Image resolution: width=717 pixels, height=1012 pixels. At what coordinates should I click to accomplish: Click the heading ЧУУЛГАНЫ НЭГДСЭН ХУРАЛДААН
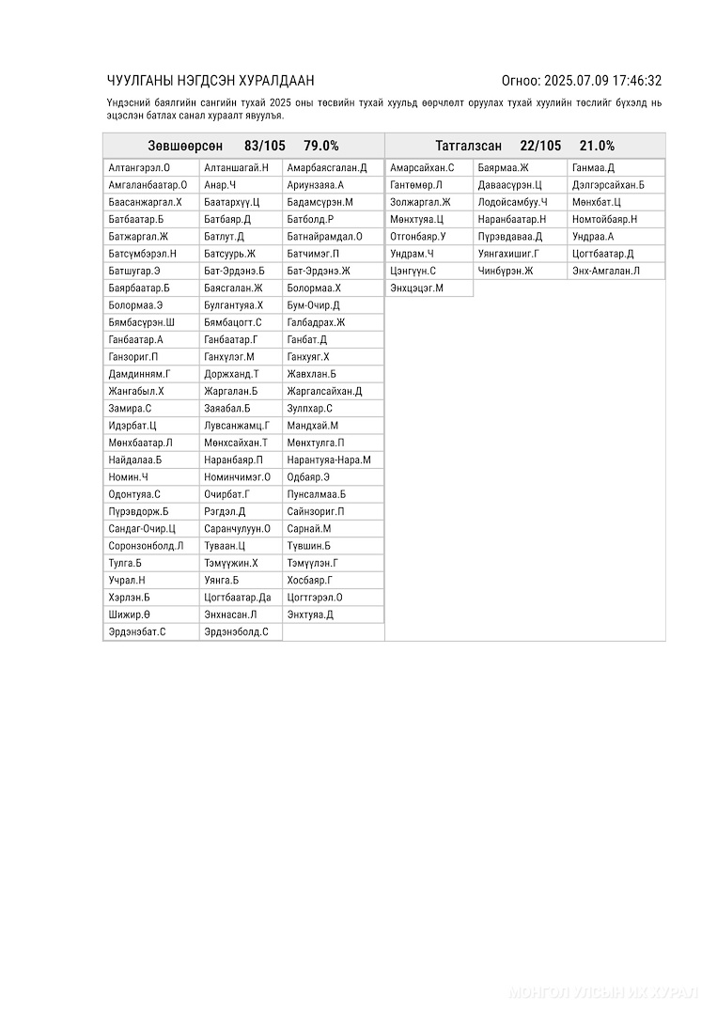click(x=210, y=81)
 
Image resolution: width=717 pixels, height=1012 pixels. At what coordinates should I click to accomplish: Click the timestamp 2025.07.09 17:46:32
click(x=603, y=81)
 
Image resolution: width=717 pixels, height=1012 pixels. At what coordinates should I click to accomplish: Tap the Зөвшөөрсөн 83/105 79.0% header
click(x=243, y=146)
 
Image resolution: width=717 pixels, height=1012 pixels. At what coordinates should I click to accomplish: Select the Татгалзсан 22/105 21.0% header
click(x=524, y=146)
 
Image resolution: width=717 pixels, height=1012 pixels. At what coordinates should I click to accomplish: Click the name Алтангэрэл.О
click(x=132, y=168)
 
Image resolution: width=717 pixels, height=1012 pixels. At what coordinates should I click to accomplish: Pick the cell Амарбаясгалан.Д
click(x=327, y=168)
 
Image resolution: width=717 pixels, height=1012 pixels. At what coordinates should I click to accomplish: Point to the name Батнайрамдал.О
click(x=324, y=237)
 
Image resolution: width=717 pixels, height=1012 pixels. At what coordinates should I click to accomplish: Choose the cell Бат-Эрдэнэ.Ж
click(x=319, y=271)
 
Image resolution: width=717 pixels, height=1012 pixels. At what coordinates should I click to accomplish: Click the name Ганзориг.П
click(x=133, y=357)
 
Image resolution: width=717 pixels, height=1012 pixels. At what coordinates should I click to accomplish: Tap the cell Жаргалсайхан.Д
click(x=324, y=391)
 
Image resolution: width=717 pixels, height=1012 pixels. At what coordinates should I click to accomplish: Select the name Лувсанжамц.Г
click(x=236, y=426)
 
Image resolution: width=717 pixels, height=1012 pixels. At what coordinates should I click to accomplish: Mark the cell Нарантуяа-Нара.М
click(x=329, y=460)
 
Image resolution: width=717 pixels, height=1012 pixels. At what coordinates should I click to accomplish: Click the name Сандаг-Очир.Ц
click(x=142, y=529)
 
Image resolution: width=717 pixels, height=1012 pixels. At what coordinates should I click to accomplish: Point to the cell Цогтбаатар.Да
click(x=237, y=598)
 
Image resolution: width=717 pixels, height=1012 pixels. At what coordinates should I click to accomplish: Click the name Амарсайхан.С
click(x=422, y=168)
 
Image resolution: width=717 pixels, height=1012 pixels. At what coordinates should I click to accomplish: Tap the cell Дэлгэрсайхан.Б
click(x=608, y=185)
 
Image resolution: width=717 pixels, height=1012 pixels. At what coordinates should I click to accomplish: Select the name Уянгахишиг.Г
click(x=508, y=254)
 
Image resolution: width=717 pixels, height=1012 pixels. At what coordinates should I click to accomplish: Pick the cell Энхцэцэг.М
click(x=416, y=288)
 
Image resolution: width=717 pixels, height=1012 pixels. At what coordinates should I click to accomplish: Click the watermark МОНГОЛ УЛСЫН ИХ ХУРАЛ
click(x=602, y=992)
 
